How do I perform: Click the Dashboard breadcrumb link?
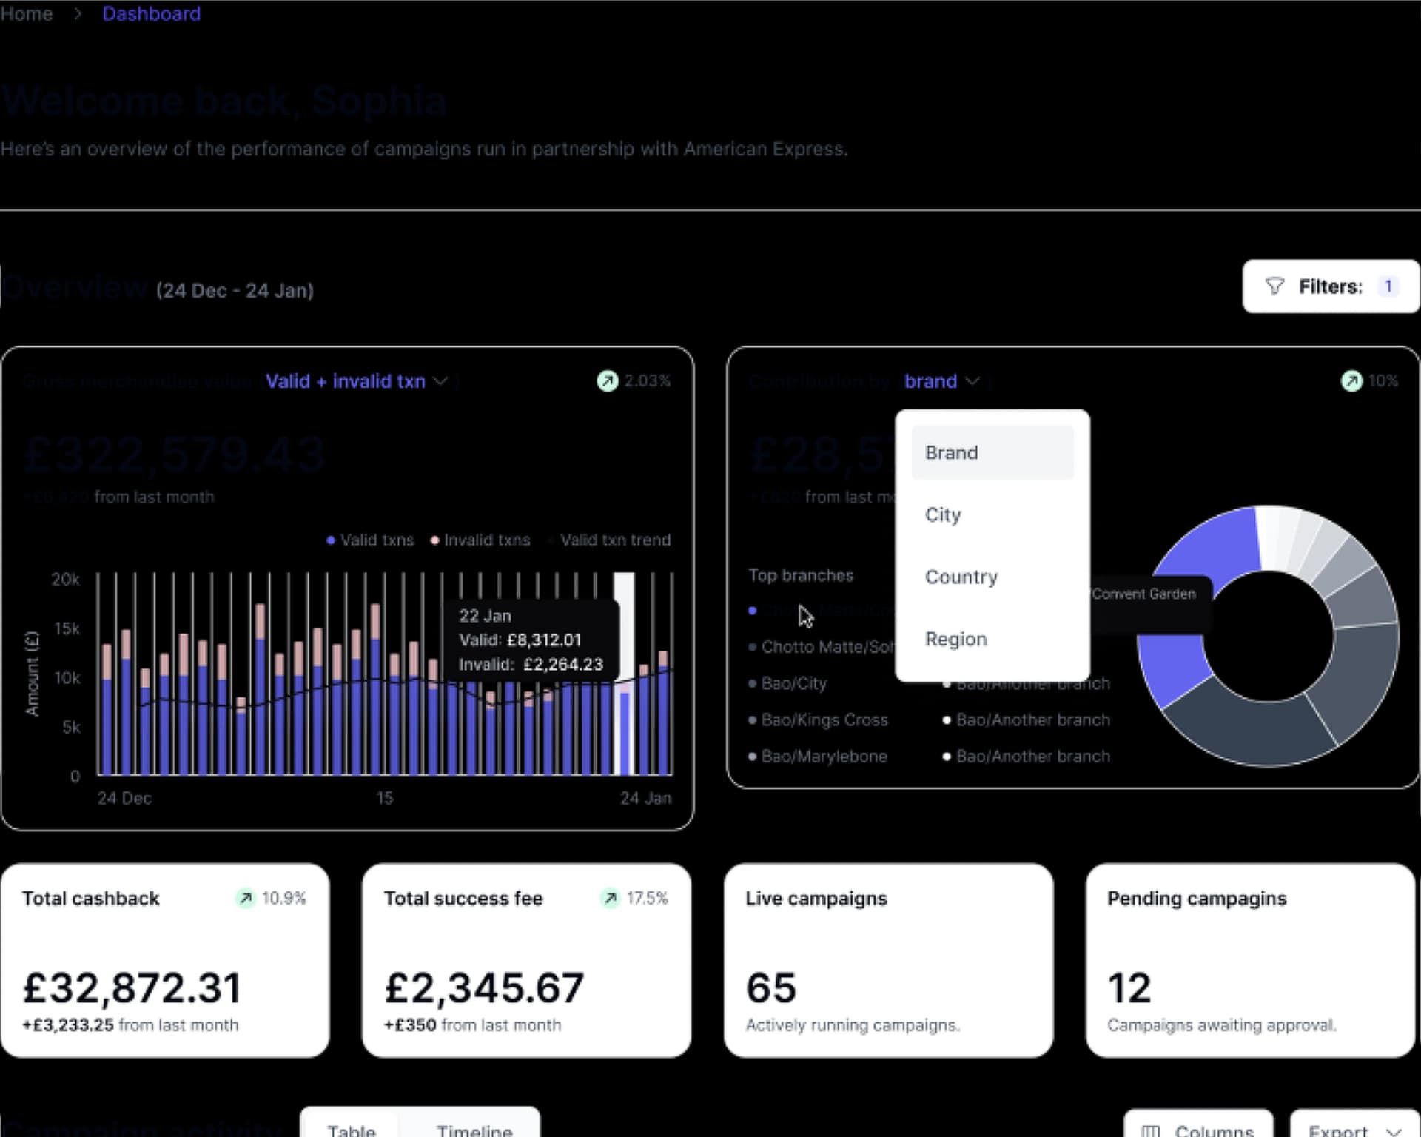151,14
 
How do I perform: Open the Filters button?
1330,286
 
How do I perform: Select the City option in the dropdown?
943,514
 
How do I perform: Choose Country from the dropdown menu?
961,577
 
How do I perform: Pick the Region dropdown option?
955,639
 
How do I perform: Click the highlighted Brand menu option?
952,452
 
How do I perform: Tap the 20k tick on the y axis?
65,579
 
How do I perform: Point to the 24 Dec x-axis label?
124,798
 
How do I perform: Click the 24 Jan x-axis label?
645,798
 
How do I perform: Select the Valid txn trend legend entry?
614,540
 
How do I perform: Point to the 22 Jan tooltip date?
485,615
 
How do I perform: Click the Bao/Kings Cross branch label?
824,720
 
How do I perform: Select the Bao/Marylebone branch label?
824,756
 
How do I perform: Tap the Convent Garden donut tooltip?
1143,594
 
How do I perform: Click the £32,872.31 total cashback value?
132,987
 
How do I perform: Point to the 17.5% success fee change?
646,898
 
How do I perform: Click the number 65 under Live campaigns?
770,987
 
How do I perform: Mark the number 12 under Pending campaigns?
1129,987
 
